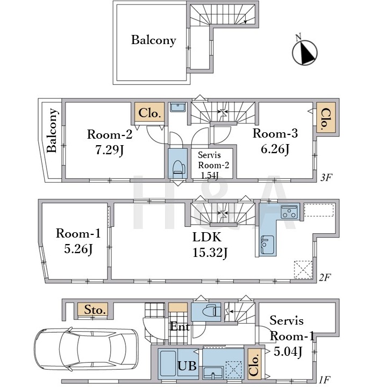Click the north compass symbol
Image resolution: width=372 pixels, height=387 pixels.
tap(304, 52)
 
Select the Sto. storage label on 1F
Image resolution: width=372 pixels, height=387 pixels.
tap(95, 310)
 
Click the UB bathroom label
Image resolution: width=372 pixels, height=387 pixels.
tap(187, 365)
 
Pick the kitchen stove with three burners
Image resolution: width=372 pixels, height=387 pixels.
tap(290, 212)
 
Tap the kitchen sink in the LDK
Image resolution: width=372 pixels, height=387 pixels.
tap(267, 245)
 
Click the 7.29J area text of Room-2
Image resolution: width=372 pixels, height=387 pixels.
tap(109, 150)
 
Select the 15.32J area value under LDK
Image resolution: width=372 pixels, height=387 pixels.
tap(210, 253)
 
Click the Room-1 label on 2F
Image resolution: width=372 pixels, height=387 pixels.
tap(78, 233)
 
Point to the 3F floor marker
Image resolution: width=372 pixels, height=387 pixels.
tap(326, 177)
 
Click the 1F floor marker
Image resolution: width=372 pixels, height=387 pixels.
tap(325, 379)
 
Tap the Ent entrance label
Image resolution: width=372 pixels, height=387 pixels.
tap(180, 327)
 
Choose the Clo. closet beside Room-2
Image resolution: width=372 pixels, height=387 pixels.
tap(149, 113)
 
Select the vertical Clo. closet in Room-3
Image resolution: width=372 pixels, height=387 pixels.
tap(326, 119)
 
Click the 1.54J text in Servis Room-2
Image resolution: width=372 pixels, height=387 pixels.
tap(210, 175)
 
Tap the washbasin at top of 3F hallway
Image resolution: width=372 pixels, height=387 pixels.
tap(178, 107)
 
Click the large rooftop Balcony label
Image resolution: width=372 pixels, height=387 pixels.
tap(154, 40)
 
